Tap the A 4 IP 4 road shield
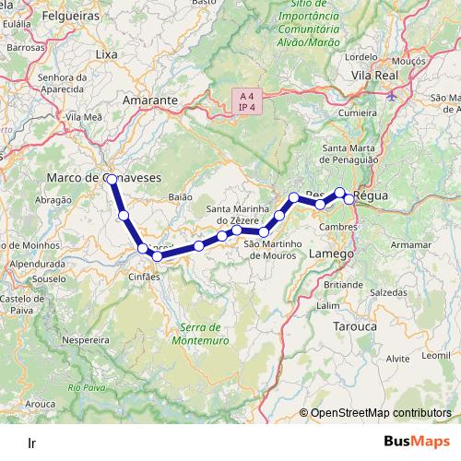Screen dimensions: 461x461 coord(245,100)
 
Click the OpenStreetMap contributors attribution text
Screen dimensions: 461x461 coord(381,414)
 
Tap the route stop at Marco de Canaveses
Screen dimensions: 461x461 coord(111,178)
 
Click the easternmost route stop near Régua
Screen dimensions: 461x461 coord(349,199)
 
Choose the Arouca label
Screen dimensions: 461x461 coord(41,403)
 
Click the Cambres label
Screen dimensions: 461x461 coord(339,226)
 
